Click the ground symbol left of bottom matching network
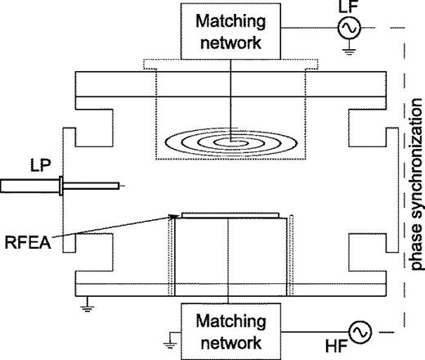click(x=170, y=340)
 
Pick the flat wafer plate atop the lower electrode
click(x=230, y=215)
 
